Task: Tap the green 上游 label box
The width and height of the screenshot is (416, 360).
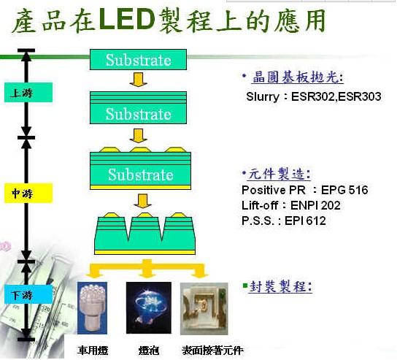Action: pyautogui.click(x=28, y=93)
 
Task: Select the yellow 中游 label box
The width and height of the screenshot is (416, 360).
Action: pyautogui.click(x=28, y=193)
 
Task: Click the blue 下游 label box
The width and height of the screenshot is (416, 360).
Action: pyautogui.click(x=28, y=294)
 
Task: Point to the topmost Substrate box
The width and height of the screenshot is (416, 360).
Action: pyautogui.click(x=138, y=60)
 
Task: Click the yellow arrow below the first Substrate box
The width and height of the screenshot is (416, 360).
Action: pyautogui.click(x=138, y=80)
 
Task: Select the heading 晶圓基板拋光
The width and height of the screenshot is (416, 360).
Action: pyautogui.click(x=297, y=77)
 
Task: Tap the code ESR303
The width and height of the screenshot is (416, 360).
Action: pyautogui.click(x=360, y=96)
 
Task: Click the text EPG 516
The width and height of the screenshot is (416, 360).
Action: pyautogui.click(x=344, y=190)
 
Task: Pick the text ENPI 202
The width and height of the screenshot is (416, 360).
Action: pyautogui.click(x=315, y=205)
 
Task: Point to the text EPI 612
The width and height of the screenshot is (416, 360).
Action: pyautogui.click(x=305, y=221)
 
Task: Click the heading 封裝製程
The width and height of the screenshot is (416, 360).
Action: pyautogui.click(x=281, y=286)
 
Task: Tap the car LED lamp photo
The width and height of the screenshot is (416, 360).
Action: pyautogui.click(x=92, y=308)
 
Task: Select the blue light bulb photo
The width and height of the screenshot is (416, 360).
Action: pyautogui.click(x=149, y=307)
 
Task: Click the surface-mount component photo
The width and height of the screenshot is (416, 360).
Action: pyautogui.click(x=204, y=309)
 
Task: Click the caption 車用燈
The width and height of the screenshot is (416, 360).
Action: pyautogui.click(x=93, y=351)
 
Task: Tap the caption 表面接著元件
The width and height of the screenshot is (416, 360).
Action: pyautogui.click(x=212, y=351)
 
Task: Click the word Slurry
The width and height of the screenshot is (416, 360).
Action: pyautogui.click(x=263, y=96)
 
